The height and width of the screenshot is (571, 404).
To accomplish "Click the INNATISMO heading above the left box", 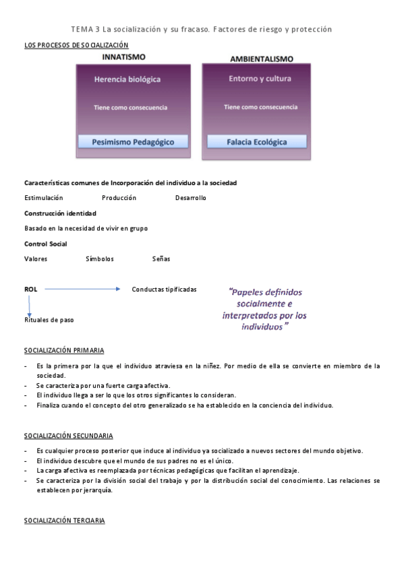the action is [x=123, y=57].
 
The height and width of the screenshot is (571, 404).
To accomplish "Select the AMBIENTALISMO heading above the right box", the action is [x=257, y=59].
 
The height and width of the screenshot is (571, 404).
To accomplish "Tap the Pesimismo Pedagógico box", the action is [x=132, y=142].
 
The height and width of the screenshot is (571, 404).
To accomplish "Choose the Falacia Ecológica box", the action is [x=256, y=142].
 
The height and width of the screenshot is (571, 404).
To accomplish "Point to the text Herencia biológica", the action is [x=127, y=79].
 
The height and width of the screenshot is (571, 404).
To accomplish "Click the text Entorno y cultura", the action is [x=260, y=79].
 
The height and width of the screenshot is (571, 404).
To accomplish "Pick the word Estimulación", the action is [x=44, y=198].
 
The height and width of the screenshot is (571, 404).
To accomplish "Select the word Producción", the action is [x=119, y=198].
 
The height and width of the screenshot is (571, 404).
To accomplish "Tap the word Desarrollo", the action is [x=191, y=198].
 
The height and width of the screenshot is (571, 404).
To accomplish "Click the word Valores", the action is [x=36, y=259].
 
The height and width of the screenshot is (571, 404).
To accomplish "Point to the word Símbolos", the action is [x=100, y=259].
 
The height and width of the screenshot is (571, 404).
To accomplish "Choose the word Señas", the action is [x=161, y=259].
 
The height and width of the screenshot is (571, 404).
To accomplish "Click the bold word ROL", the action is [x=30, y=289].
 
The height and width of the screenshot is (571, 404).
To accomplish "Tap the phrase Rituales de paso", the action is [x=49, y=320].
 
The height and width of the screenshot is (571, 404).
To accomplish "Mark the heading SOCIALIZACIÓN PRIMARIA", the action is [x=64, y=351].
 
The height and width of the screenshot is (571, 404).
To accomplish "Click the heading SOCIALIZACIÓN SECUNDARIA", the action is [x=68, y=436].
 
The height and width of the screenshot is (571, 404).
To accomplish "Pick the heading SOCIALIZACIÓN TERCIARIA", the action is [x=65, y=521].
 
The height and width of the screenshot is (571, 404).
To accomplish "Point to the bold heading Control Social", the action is [x=45, y=244].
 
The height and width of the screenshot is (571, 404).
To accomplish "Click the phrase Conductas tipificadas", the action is [x=165, y=290].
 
